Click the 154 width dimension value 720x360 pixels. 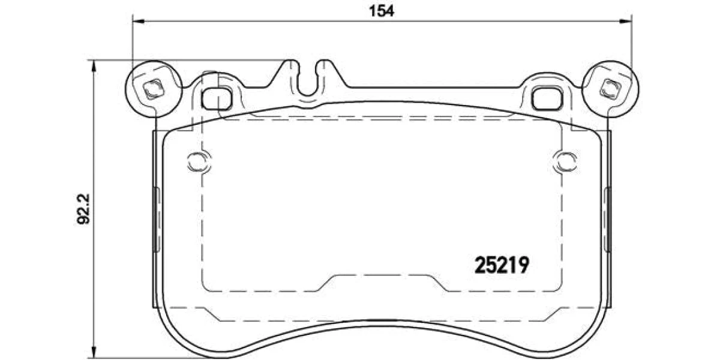click(x=381, y=11)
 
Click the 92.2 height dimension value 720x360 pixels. click(x=84, y=209)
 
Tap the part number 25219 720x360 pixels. click(x=502, y=265)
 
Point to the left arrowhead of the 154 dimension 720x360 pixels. click(x=139, y=22)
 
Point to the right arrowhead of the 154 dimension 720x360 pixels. click(x=625, y=22)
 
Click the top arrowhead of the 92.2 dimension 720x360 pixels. click(x=94, y=66)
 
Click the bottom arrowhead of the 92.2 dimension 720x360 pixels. click(x=94, y=351)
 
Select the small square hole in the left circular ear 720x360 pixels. click(x=154, y=89)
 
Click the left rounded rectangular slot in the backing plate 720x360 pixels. click(x=217, y=98)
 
